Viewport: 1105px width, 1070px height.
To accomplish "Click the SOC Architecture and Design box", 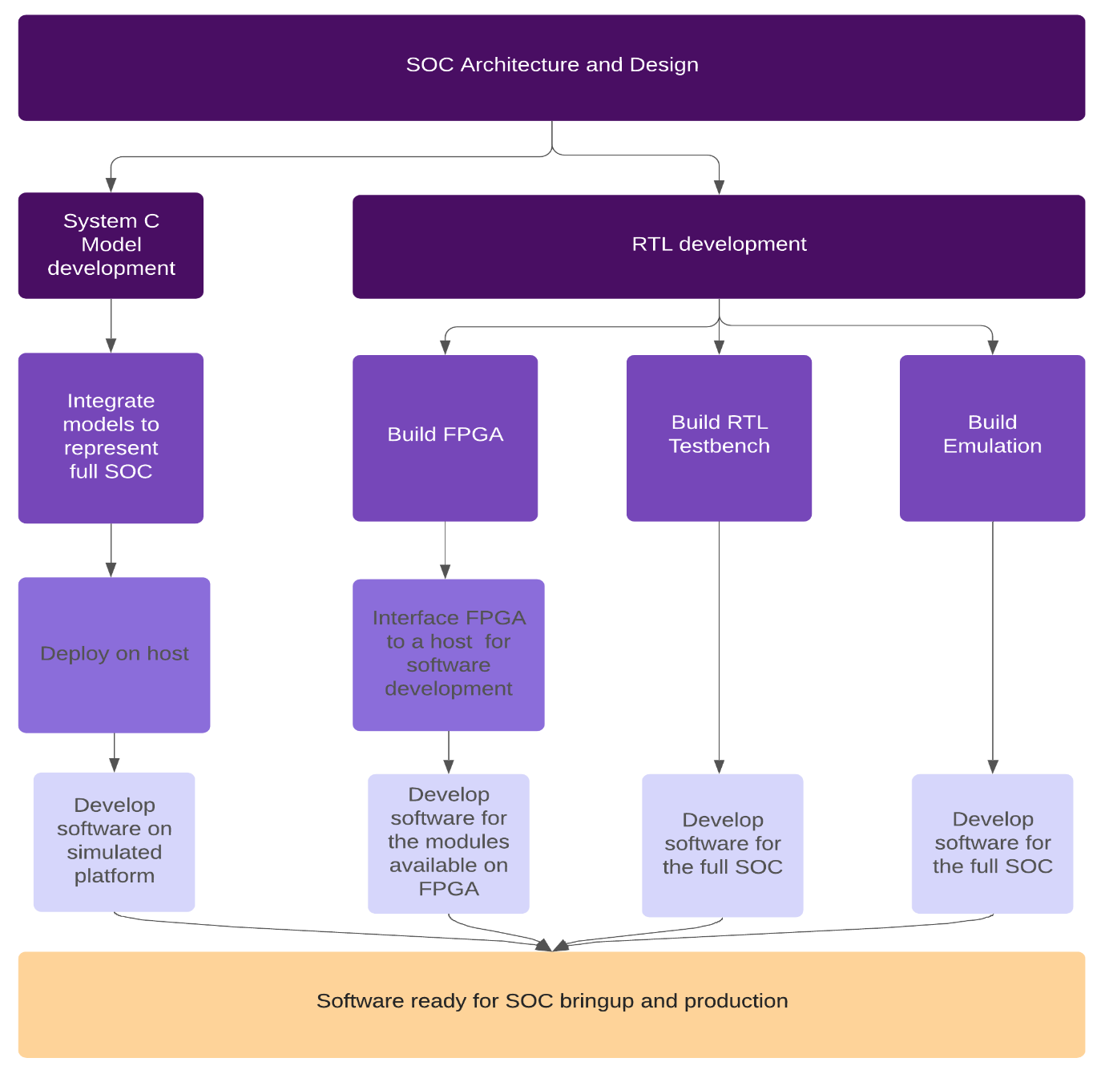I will (x=551, y=67).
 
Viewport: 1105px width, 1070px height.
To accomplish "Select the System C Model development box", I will (x=111, y=245).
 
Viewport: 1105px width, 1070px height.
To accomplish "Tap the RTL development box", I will (x=718, y=246).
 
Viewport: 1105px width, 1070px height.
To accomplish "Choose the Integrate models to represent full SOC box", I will (x=111, y=438).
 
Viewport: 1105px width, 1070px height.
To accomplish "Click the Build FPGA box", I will (x=445, y=438).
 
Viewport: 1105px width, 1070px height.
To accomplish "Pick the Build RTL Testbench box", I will (x=719, y=438).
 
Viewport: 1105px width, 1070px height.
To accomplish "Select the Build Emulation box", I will (x=992, y=438).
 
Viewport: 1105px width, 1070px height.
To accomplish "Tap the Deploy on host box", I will (x=114, y=654).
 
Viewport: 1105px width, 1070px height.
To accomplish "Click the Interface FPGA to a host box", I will (x=448, y=654).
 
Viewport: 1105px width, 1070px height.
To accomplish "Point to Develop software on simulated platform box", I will (x=114, y=841).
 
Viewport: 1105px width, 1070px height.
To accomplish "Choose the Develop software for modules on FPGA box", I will (x=448, y=842).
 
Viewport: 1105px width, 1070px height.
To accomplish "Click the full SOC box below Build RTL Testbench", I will (x=722, y=844).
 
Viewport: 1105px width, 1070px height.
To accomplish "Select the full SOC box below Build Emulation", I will (x=992, y=842).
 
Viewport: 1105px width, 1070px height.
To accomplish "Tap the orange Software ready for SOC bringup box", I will (x=551, y=1003).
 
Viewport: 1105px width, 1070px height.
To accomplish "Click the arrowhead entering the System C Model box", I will (x=111, y=185).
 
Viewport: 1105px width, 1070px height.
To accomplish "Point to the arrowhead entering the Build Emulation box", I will (x=993, y=347).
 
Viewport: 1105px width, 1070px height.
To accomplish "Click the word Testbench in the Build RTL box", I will (x=719, y=446).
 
